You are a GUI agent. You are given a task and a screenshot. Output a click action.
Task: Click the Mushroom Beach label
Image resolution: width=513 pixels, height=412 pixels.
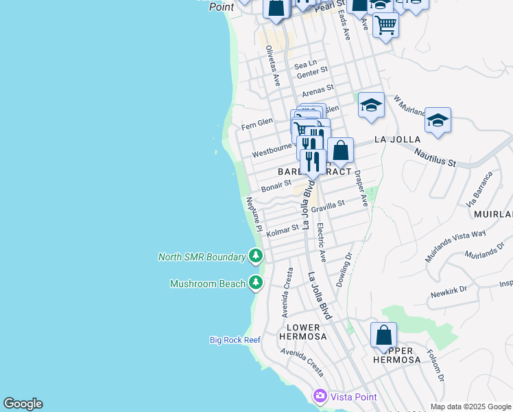(x=206, y=284)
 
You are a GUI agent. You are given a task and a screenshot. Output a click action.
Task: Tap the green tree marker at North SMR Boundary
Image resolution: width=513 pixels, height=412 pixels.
(x=256, y=257)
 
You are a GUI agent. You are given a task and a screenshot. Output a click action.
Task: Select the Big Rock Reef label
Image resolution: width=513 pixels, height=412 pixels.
(x=235, y=340)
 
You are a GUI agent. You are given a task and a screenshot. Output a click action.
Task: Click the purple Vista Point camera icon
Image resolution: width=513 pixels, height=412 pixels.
(x=320, y=396)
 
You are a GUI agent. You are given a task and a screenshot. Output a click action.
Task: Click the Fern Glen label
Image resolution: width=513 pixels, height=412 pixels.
(x=257, y=124)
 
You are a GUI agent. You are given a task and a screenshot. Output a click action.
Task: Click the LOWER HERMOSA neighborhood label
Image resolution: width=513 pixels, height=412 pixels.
(x=299, y=332)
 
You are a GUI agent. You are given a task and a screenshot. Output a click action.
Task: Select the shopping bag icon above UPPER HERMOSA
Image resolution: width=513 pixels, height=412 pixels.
(x=384, y=334)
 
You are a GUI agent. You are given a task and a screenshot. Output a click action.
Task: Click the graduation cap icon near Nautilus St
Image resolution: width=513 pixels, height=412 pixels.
(x=438, y=122)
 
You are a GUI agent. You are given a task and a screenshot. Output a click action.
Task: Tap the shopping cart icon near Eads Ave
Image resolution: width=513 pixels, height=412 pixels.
(x=385, y=25)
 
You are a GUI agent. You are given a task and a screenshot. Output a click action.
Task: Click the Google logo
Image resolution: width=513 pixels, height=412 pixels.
(x=23, y=404)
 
